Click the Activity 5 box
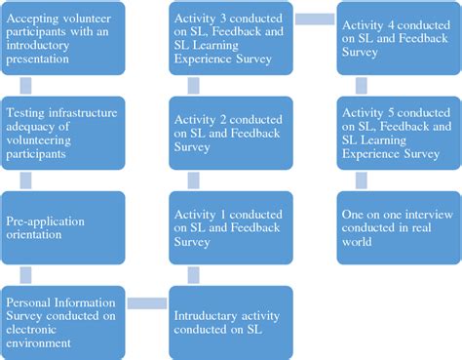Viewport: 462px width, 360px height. pos(398,132)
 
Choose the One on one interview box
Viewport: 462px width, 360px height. pos(398,226)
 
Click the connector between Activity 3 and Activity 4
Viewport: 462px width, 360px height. pos(314,17)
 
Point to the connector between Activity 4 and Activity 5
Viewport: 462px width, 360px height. pos(398,85)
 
